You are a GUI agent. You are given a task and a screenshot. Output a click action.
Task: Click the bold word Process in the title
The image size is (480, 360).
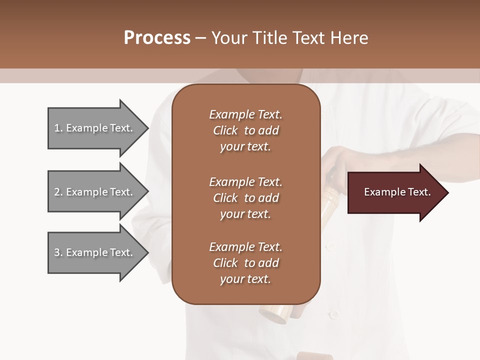tap(157, 38)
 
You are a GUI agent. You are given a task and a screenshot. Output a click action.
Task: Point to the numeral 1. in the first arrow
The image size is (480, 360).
tap(58, 128)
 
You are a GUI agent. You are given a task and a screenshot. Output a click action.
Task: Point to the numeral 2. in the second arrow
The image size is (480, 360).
tap(58, 192)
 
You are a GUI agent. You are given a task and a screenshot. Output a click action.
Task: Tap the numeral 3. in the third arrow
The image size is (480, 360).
tap(58, 252)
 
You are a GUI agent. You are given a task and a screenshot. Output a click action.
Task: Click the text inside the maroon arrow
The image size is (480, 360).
tap(397, 192)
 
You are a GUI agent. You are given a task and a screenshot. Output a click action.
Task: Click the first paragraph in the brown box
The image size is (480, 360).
tap(245, 130)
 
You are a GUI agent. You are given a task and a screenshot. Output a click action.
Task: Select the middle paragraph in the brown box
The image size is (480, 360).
tap(245, 198)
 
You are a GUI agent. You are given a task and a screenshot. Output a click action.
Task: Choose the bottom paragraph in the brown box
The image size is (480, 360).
tap(245, 263)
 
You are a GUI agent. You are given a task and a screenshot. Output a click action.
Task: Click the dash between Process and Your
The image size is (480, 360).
tap(201, 38)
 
